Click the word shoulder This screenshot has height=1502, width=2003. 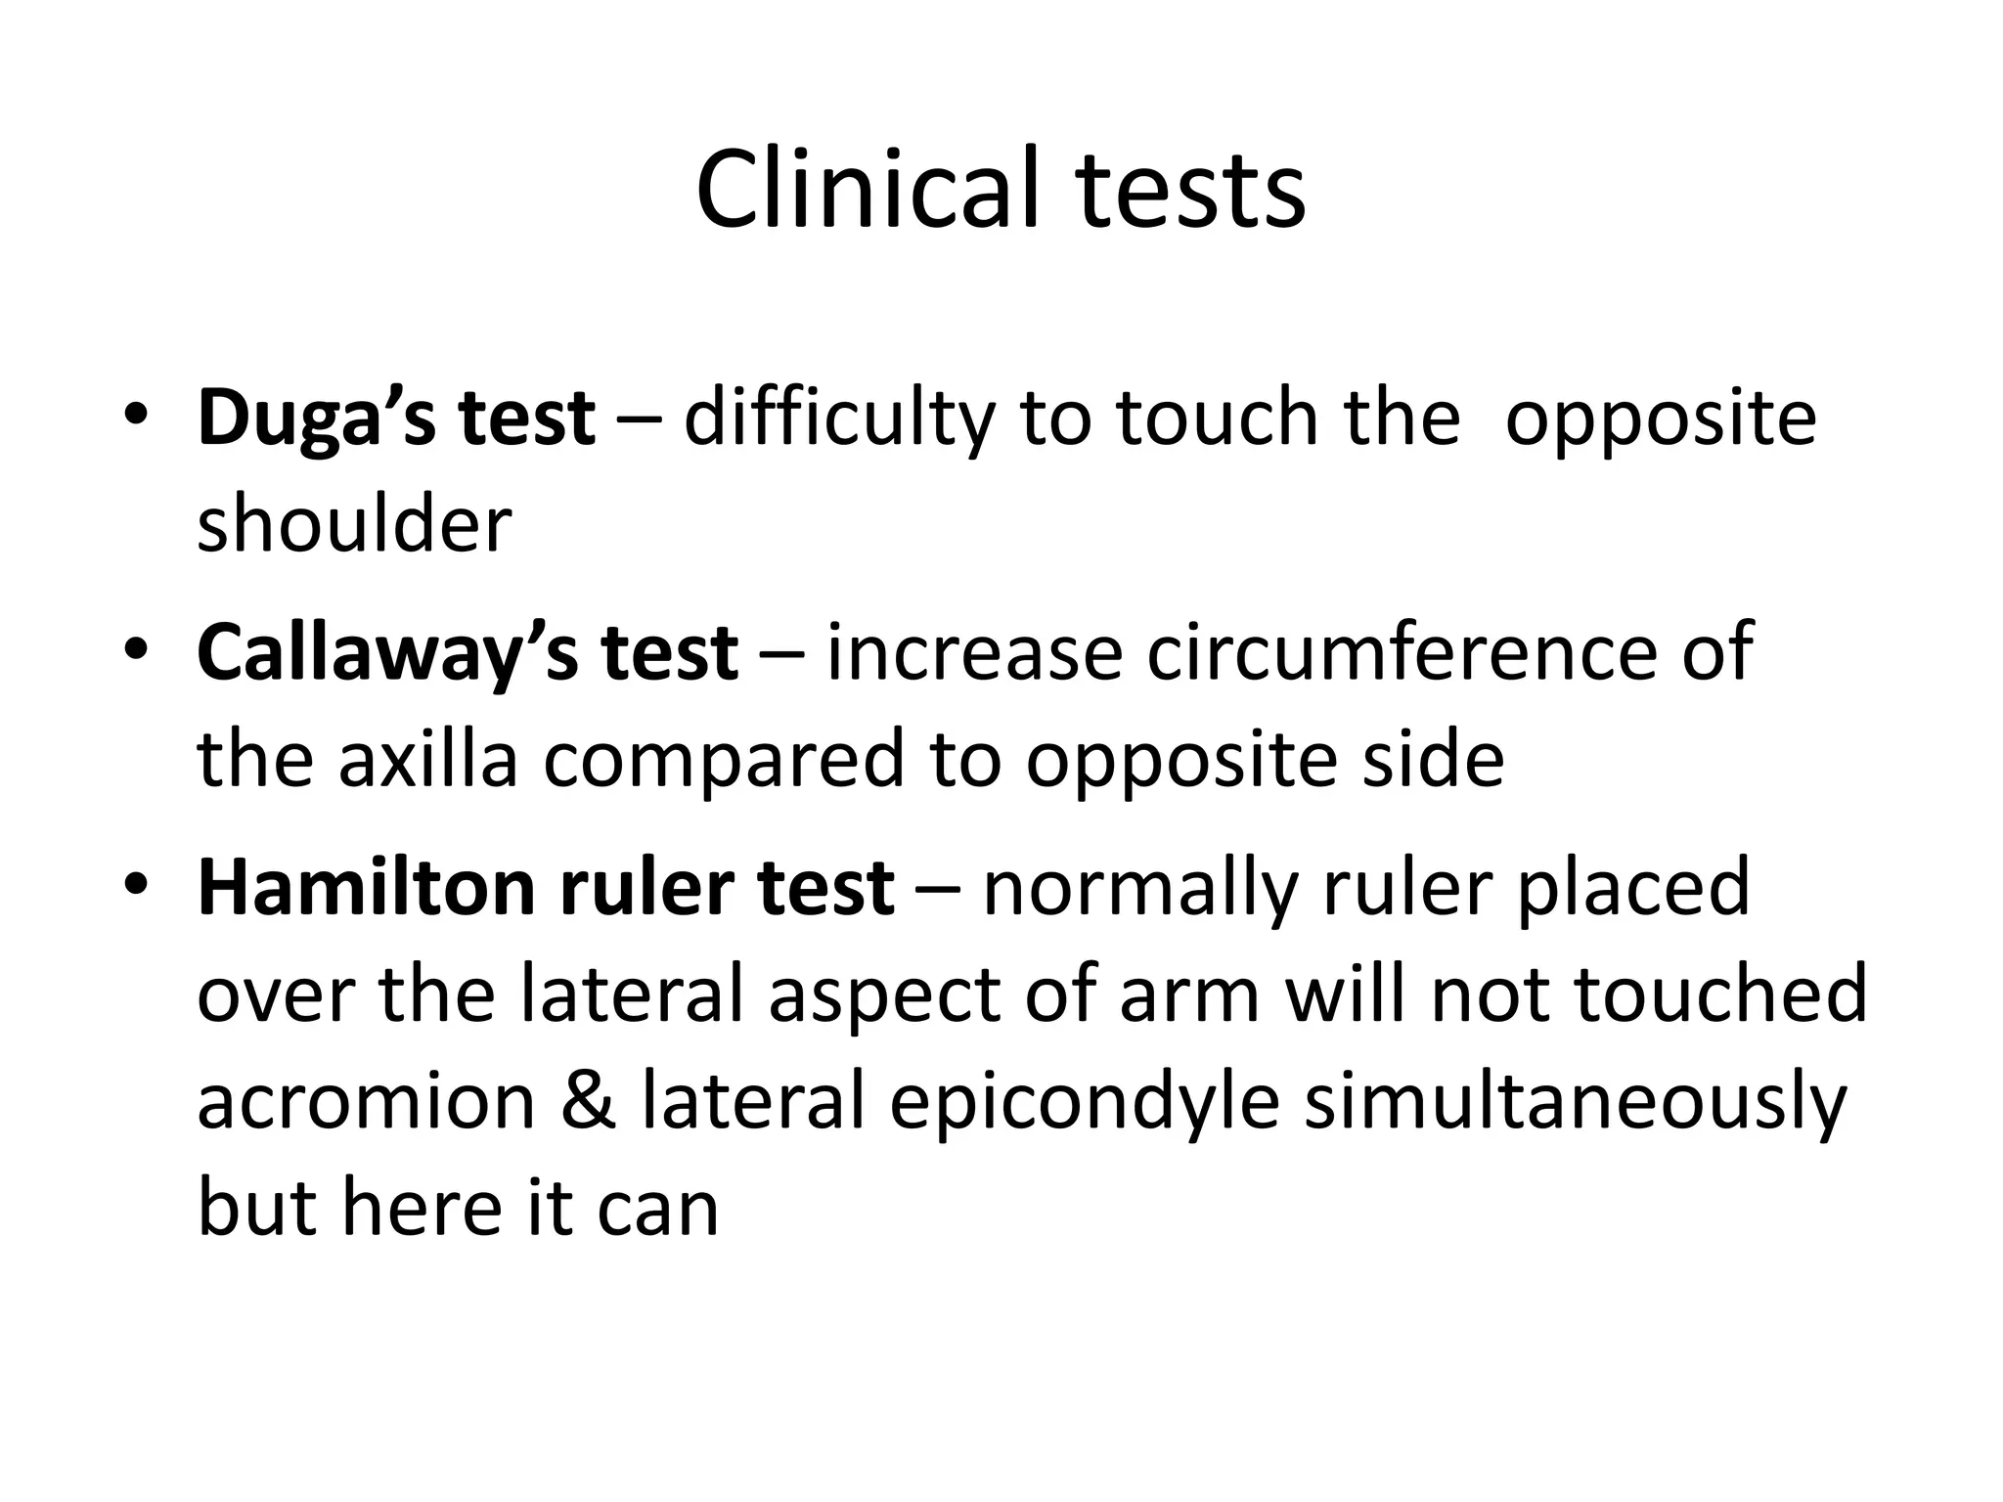(354, 524)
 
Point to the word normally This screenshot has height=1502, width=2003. (1139, 888)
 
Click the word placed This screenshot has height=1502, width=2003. (1632, 888)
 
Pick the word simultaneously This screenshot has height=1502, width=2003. (1576, 1101)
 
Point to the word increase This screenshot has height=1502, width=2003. (974, 653)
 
